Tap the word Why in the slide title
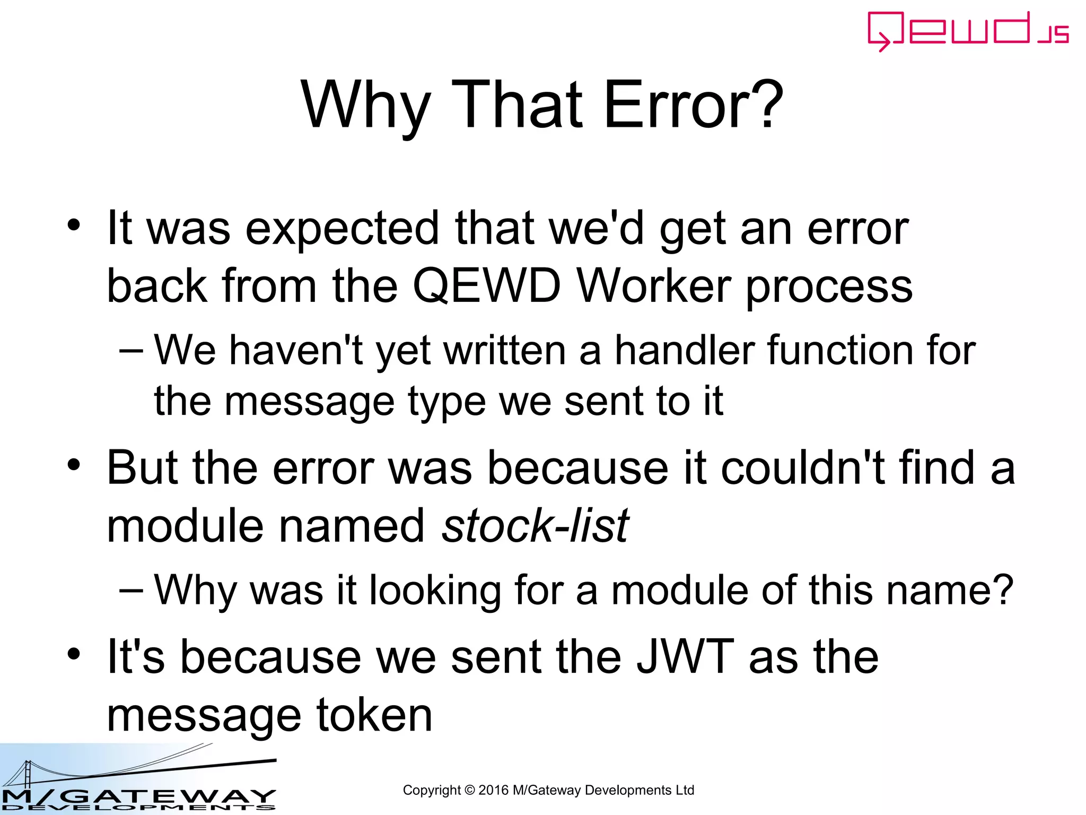point(365,105)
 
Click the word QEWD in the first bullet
point(486,286)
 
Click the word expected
point(342,229)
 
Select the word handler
point(685,351)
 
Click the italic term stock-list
point(535,526)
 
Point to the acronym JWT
point(685,657)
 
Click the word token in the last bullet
point(374,715)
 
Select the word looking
point(435,590)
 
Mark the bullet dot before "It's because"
point(74,654)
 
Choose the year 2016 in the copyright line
point(493,790)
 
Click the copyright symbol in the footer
point(469,790)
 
